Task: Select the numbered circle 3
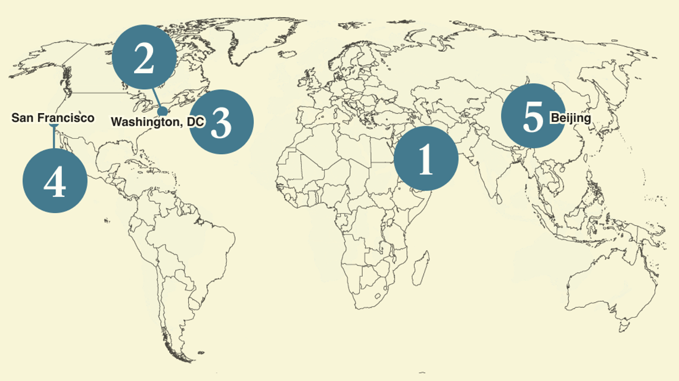(x=221, y=121)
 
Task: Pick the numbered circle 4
(x=55, y=180)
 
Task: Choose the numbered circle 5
(x=532, y=117)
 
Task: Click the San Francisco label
(x=52, y=118)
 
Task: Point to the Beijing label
(x=571, y=118)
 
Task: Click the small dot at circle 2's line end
(x=162, y=111)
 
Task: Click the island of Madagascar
(x=421, y=267)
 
